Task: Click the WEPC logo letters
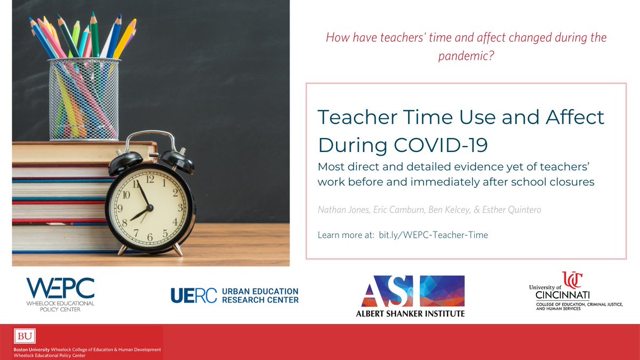coord(60,288)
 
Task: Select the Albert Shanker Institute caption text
coord(410,313)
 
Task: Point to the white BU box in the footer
coord(24,337)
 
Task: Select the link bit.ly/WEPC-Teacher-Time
coord(433,235)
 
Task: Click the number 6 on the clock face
coord(150,236)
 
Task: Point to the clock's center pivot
coord(149,208)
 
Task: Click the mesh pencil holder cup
coord(83,99)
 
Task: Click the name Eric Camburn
coord(401,210)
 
